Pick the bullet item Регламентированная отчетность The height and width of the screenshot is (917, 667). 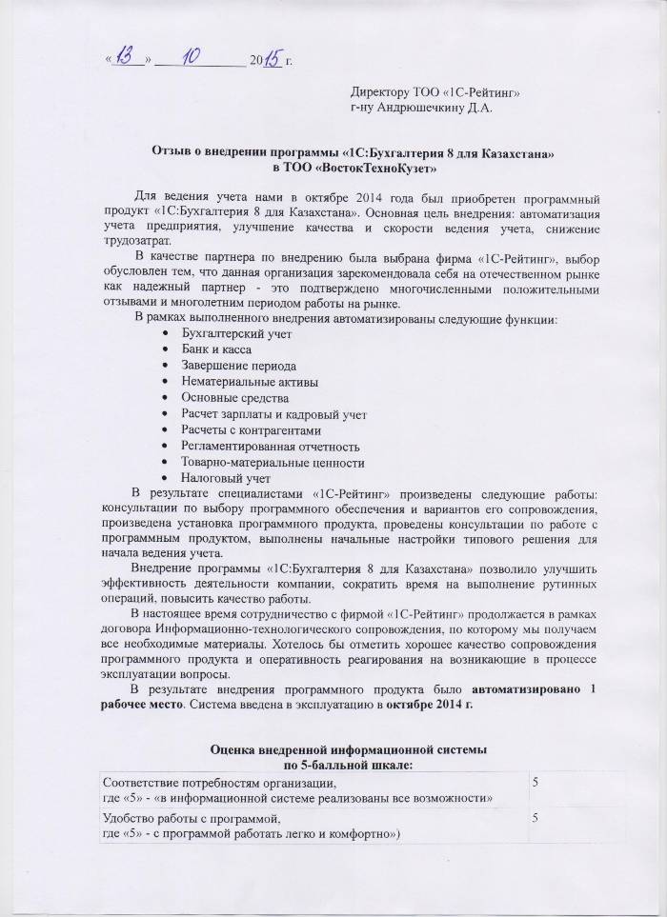(270, 446)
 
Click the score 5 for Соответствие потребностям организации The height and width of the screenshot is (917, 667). (536, 781)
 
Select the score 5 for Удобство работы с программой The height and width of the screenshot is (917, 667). (536, 818)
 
